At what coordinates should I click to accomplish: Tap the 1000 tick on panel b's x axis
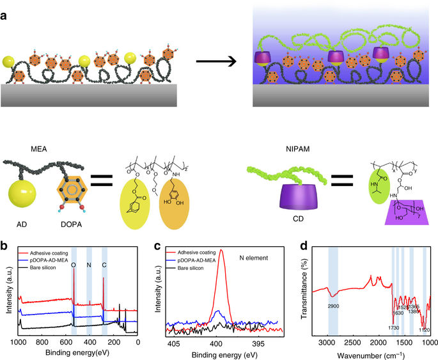[x=19, y=343]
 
